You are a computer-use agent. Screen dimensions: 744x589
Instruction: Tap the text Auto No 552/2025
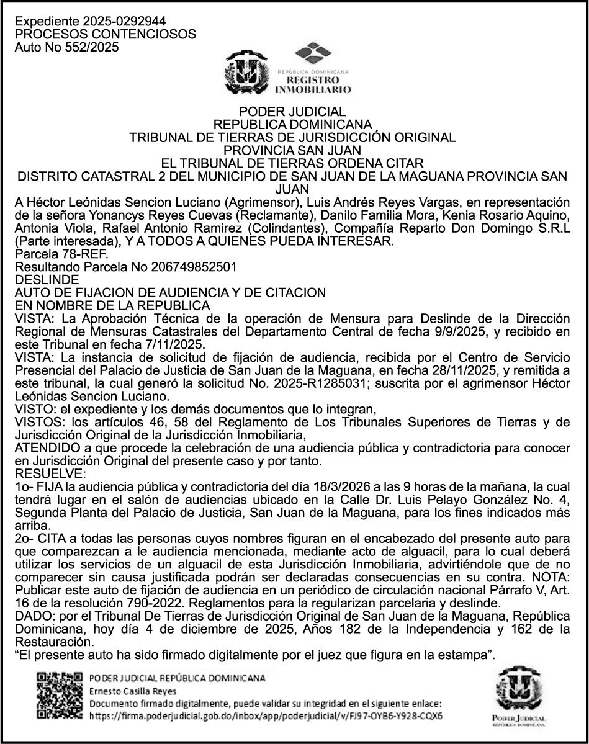point(66,47)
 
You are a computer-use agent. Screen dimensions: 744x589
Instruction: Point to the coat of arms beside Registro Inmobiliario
point(246,71)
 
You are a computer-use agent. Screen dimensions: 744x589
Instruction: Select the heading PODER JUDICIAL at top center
point(294,112)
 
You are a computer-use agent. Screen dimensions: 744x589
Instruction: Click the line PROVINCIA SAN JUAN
point(294,150)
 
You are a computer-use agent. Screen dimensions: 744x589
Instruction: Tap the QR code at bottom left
point(60,696)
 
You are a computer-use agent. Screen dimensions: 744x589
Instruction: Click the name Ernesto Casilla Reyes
point(133,691)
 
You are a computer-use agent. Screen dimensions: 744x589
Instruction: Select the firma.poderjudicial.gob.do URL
point(266,715)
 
